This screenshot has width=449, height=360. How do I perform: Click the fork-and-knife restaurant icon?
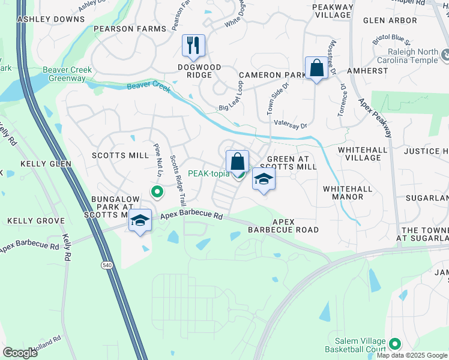tap(193, 45)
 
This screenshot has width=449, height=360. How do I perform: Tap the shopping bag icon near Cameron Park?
tap(316, 68)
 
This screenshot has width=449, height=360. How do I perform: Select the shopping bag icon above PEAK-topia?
tap(237, 160)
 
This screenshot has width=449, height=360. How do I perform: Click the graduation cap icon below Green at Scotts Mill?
tap(264, 179)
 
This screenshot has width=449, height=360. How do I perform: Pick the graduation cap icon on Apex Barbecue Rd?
tap(140, 220)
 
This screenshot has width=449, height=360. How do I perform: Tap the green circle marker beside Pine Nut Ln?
tap(157, 193)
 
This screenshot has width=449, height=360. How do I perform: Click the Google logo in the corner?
tap(20, 352)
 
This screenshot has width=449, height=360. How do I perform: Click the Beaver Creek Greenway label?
tap(67, 74)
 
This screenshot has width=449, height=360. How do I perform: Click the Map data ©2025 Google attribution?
tap(412, 355)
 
